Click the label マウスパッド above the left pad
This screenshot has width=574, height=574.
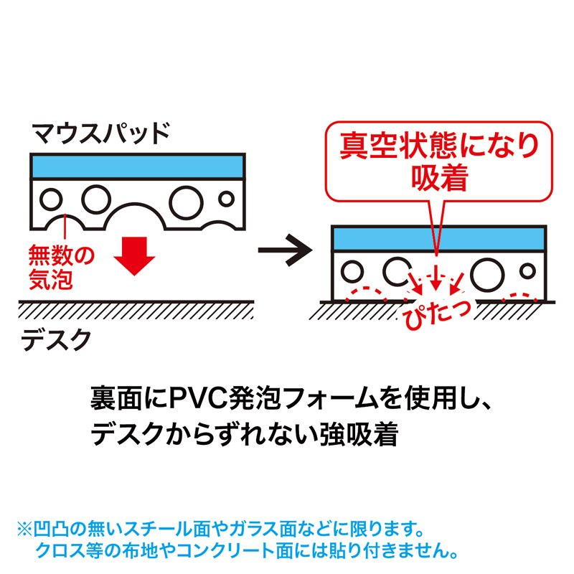point(100,133)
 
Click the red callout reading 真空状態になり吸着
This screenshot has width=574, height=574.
point(439,160)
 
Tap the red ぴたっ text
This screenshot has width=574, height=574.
point(432,313)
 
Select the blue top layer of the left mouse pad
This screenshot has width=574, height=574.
point(138,166)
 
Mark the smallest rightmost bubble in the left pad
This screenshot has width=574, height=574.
point(227,197)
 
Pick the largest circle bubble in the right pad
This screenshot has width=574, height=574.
point(487,273)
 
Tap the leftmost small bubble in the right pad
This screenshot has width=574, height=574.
point(352,272)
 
